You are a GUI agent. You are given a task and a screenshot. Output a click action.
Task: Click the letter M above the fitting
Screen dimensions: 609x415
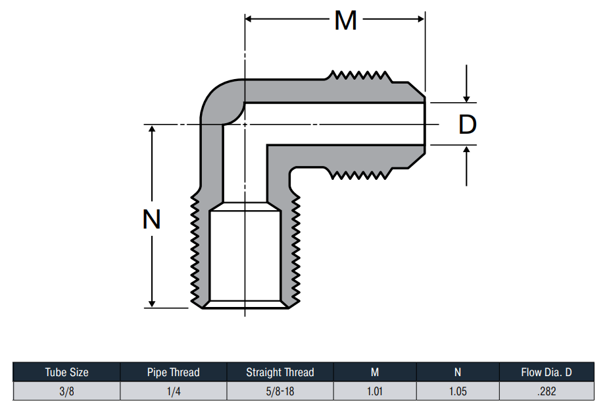[x=345, y=20]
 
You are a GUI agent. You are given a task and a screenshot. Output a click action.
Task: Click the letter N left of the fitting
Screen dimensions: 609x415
[x=151, y=219]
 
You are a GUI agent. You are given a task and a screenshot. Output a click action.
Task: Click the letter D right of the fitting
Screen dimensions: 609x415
[x=467, y=124]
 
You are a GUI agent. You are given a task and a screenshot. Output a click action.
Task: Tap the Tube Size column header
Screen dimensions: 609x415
[x=67, y=372]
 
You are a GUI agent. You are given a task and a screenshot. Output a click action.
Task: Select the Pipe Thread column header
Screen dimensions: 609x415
[x=173, y=372]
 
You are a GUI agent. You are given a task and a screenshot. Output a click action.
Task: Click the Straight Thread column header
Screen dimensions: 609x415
[x=280, y=372]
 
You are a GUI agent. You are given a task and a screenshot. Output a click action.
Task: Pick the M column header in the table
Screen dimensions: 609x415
[x=375, y=372]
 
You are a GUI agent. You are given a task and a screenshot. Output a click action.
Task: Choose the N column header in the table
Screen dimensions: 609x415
[x=458, y=372]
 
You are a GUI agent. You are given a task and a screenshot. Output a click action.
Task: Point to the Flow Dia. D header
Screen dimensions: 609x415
[x=547, y=372]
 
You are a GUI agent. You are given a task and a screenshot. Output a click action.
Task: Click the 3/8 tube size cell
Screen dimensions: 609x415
[x=67, y=391]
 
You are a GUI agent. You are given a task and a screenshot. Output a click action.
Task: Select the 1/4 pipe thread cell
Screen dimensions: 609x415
[x=174, y=391]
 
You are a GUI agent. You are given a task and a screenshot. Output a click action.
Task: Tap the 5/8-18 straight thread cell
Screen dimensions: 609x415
[x=280, y=391]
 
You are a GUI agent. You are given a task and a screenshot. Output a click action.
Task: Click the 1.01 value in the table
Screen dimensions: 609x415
[x=375, y=391]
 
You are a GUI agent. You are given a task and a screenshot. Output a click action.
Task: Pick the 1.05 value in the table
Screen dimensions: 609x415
[x=458, y=391]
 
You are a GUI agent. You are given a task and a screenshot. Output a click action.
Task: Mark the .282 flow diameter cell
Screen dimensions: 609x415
[x=547, y=391]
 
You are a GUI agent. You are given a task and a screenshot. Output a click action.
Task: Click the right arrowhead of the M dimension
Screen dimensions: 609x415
[x=421, y=18]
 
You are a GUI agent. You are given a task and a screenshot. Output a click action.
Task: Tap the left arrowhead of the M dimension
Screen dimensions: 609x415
[x=249, y=18]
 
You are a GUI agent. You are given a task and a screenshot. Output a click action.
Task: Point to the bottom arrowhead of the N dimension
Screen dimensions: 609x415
[x=152, y=304]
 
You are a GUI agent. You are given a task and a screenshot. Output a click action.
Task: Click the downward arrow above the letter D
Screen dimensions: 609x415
[x=466, y=84]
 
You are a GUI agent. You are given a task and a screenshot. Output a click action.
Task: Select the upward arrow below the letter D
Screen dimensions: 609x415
[x=466, y=166]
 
